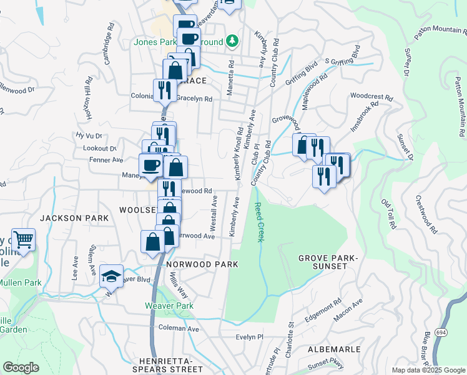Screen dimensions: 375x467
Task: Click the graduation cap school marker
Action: (x=111, y=276)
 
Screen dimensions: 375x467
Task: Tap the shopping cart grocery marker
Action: (x=23, y=239)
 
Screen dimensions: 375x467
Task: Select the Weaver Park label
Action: (x=169, y=306)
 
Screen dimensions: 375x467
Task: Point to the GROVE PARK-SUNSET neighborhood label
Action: (x=322, y=262)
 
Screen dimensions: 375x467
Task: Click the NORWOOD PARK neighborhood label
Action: (x=202, y=264)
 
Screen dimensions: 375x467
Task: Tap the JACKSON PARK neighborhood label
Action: (x=74, y=217)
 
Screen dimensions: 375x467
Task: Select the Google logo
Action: (x=21, y=367)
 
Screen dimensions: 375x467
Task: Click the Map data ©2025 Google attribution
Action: (x=428, y=370)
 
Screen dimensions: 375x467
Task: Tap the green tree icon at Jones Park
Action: (x=232, y=41)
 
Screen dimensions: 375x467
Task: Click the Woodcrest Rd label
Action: (x=371, y=97)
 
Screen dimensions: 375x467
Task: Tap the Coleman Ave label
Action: (x=179, y=328)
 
